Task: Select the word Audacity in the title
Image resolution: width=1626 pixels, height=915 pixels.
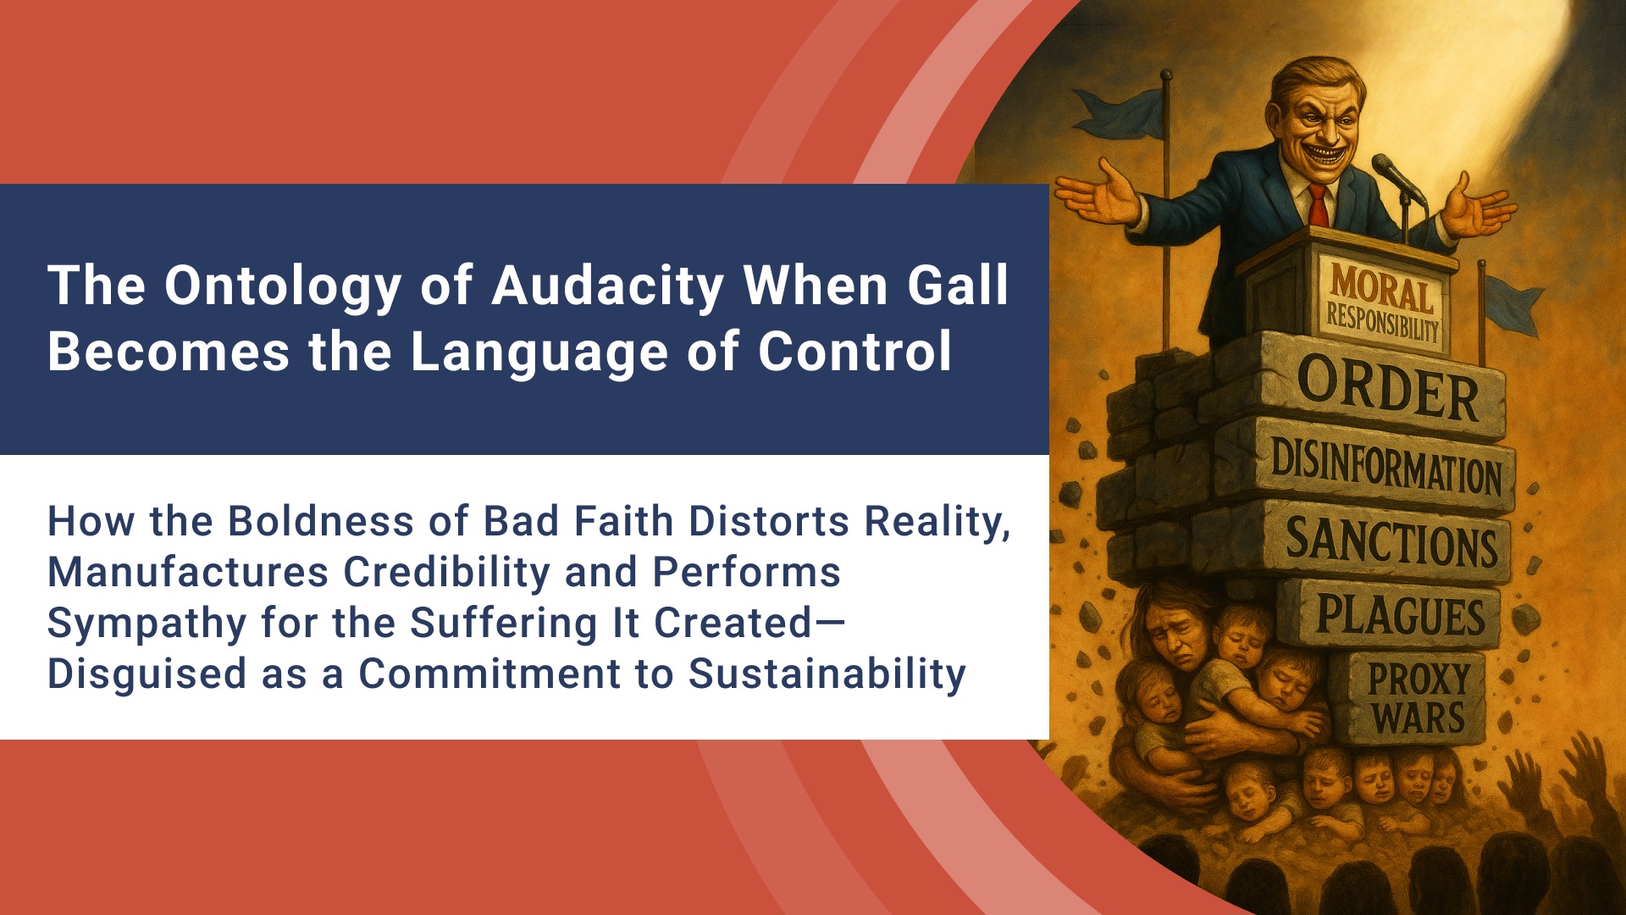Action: (x=607, y=286)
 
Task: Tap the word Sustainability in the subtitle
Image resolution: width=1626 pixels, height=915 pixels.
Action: (x=827, y=674)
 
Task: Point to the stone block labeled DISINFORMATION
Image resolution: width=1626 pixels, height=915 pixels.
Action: (x=1385, y=467)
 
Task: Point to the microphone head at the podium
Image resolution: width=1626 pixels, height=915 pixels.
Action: (x=1385, y=167)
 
